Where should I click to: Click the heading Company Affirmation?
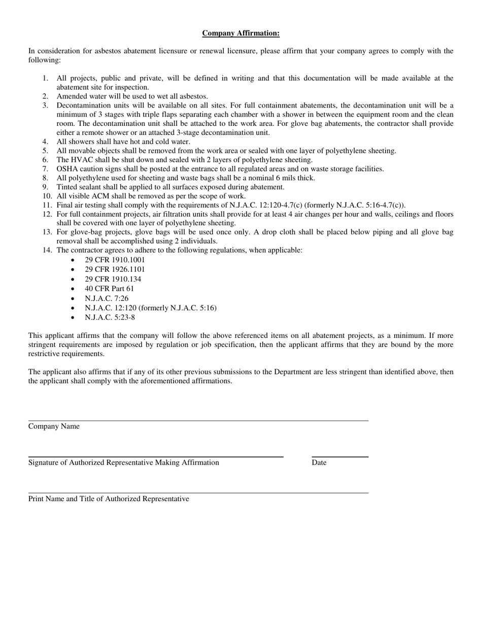tap(240, 33)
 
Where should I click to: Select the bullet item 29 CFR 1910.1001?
tap(115, 260)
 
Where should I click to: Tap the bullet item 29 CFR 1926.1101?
tap(115, 269)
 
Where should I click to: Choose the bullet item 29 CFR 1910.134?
tap(113, 279)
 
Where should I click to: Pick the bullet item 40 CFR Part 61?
tap(110, 289)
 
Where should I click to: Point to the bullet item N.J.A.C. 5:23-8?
tap(110, 318)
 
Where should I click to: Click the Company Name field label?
tap(54, 426)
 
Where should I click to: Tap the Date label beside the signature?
tap(319, 463)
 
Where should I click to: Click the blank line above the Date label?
tap(340, 457)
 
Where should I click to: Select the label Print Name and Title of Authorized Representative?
tap(109, 499)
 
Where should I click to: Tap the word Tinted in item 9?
tap(67, 187)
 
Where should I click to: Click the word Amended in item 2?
tap(72, 96)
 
